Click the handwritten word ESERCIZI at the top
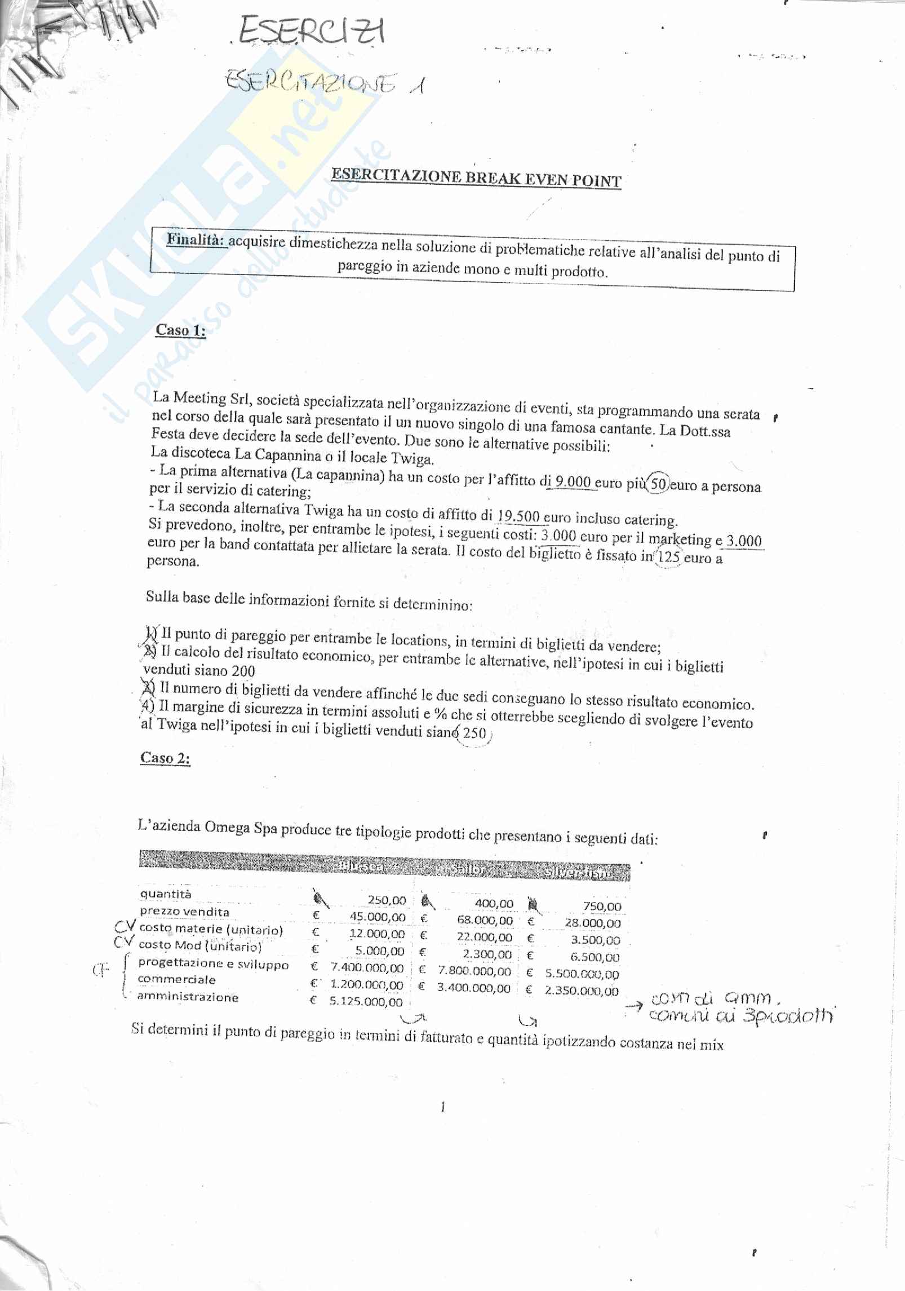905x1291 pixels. click(x=312, y=31)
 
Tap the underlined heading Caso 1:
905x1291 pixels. click(x=180, y=330)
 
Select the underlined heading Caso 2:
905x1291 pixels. click(x=165, y=758)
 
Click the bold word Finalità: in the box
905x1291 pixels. click(x=197, y=240)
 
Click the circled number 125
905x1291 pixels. click(x=669, y=558)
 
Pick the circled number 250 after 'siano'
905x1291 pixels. click(x=474, y=733)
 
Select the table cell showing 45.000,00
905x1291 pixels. click(x=377, y=917)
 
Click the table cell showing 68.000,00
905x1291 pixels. click(x=485, y=920)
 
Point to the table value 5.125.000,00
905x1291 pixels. click(x=366, y=1001)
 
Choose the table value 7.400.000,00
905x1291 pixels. click(x=367, y=967)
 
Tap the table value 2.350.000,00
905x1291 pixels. click(x=581, y=991)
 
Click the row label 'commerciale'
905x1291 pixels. click(x=176, y=980)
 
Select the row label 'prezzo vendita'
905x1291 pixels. click(x=184, y=912)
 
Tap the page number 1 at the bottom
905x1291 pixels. click(x=443, y=1107)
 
